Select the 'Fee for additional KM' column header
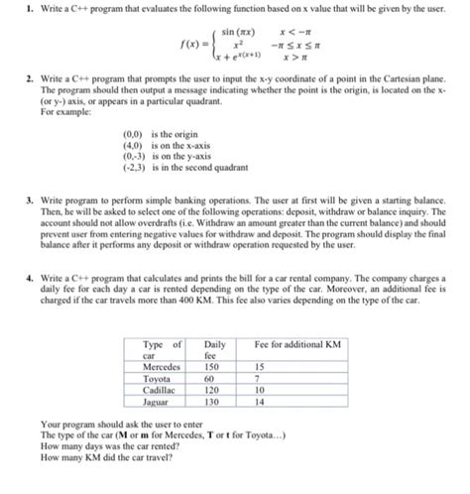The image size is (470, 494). pyautogui.click(x=297, y=343)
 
